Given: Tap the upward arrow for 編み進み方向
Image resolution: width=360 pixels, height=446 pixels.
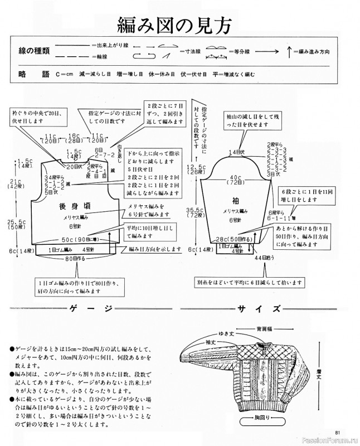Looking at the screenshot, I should coord(289,51).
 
